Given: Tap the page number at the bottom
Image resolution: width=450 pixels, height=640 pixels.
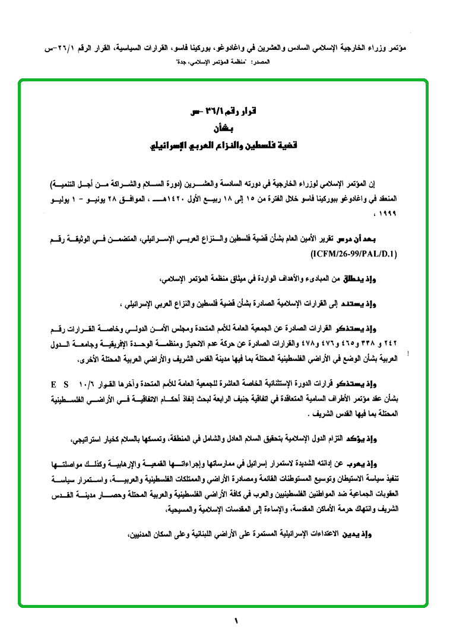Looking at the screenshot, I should [236, 622].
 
